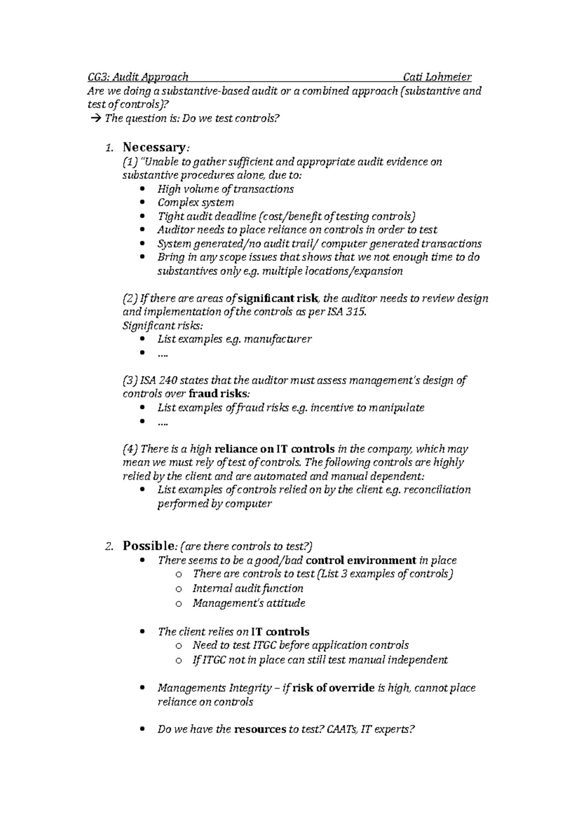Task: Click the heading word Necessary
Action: point(153,147)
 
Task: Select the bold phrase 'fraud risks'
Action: point(218,394)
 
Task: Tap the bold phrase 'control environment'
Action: point(361,560)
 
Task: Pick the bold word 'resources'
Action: point(260,729)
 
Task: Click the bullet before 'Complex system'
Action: point(141,203)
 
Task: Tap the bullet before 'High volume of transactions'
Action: point(141,189)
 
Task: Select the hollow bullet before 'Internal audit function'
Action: point(179,589)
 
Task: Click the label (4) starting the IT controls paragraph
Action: point(130,449)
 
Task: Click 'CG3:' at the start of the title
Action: point(98,77)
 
